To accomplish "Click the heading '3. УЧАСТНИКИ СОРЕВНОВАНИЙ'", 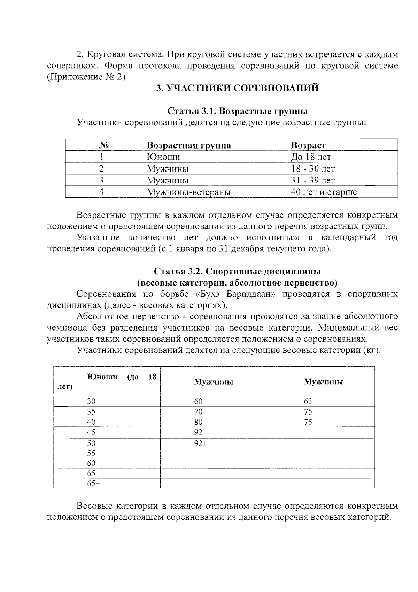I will point(237,88).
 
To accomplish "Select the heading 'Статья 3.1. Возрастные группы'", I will point(237,111).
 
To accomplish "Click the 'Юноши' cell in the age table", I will point(163,157).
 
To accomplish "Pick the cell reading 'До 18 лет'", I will point(311,157).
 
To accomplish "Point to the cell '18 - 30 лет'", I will point(313,169).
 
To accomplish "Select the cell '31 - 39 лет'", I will point(313,180).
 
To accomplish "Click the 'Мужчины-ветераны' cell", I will point(188,192).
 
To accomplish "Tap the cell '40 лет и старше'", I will point(324,192).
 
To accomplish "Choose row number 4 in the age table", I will point(101,192).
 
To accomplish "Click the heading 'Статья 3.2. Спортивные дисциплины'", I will point(237,271).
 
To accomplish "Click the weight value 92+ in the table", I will point(200,443).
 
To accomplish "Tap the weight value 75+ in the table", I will point(310,422).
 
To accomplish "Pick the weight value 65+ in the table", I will point(93,484).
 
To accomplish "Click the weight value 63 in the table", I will point(308,401).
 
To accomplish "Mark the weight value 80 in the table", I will point(198,422).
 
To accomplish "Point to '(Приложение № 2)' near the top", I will point(86,77).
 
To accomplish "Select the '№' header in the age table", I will point(104,145).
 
